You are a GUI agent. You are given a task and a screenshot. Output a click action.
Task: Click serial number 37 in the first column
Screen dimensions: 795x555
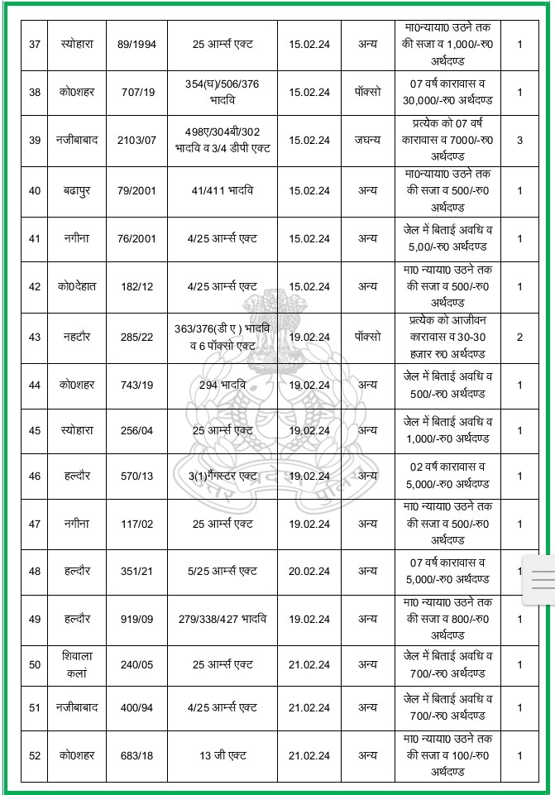(34, 44)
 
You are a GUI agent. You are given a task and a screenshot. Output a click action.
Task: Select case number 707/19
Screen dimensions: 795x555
(136, 92)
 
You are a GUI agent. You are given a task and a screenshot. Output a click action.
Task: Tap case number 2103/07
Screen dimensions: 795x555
(136, 140)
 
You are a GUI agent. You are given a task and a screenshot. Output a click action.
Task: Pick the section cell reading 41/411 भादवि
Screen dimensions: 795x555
(222, 190)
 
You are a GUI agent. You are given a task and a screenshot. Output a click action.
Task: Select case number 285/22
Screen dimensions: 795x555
(136, 337)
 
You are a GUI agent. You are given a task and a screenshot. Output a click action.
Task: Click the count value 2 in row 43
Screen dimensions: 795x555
(519, 337)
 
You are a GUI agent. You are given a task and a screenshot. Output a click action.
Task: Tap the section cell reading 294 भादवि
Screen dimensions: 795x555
(222, 385)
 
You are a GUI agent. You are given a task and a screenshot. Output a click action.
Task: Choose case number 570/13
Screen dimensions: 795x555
(136, 476)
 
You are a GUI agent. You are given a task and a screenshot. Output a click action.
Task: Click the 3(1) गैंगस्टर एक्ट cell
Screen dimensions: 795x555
(222, 476)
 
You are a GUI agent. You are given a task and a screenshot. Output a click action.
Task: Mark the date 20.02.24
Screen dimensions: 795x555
(309, 571)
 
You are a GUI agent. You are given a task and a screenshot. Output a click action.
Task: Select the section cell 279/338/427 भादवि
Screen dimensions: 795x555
(222, 619)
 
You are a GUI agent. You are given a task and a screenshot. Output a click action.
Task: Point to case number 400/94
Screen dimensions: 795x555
(136, 707)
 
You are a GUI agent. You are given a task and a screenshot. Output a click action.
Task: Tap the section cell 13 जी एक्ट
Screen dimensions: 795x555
(222, 755)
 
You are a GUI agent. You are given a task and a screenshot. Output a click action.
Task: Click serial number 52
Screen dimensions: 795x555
(34, 755)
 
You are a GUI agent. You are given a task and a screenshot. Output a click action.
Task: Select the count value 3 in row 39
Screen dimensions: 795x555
(519, 140)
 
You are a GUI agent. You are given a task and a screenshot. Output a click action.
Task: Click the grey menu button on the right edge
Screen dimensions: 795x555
(543, 581)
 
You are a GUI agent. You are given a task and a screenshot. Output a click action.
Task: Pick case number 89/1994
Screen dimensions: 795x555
(136, 44)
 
